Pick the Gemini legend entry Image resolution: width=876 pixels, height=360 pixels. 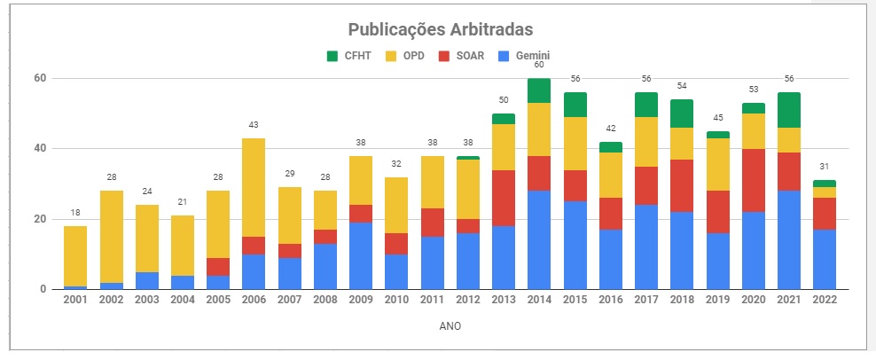click(524, 56)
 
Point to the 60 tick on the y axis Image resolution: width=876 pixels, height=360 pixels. click(40, 79)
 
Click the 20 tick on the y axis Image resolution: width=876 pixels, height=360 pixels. click(40, 219)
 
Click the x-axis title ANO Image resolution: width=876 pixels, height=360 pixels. click(450, 326)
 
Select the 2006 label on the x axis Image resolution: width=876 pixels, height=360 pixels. click(254, 301)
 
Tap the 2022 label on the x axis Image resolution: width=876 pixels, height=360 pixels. click(825, 301)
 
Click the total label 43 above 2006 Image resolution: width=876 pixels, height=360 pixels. click(254, 125)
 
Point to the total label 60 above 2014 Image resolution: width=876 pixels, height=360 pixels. click(539, 65)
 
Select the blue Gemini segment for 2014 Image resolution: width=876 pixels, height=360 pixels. click(539, 239)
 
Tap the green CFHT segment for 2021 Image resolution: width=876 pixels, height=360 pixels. click(789, 110)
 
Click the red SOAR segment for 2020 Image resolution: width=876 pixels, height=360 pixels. click(754, 180)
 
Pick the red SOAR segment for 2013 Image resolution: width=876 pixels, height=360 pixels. click(504, 198)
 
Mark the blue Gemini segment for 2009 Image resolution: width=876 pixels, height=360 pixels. click(361, 255)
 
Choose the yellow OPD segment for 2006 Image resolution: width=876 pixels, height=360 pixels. click(254, 187)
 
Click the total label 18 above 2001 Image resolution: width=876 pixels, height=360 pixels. click(75, 213)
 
